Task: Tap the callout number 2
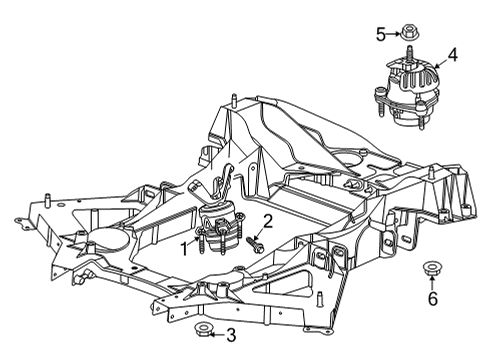pos(267,221)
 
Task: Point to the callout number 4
pos(454,56)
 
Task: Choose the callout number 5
pos(380,33)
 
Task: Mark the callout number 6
pos(432,298)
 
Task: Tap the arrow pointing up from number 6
pos(432,283)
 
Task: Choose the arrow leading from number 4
pos(440,64)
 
